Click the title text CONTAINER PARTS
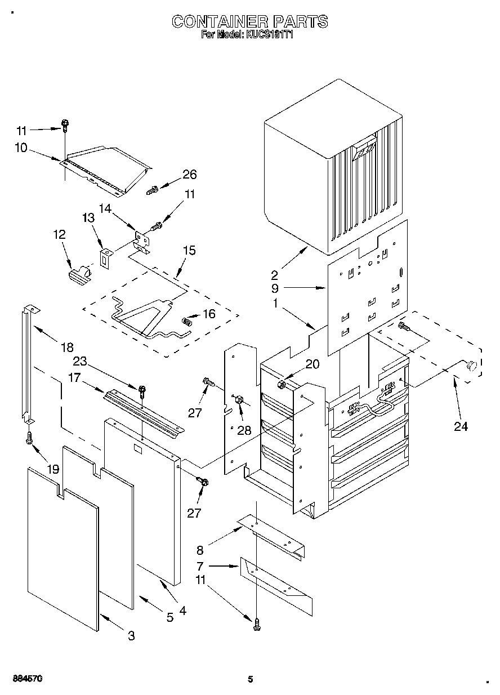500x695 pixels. [x=249, y=21]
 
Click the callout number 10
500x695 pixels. [x=21, y=148]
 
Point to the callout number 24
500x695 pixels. [x=461, y=426]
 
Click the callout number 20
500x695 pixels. [x=311, y=364]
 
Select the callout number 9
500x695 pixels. [x=274, y=288]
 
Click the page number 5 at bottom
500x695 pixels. [x=250, y=679]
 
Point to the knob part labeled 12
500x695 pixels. [x=78, y=274]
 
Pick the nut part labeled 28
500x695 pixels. [x=238, y=400]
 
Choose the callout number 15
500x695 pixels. [x=189, y=251]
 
